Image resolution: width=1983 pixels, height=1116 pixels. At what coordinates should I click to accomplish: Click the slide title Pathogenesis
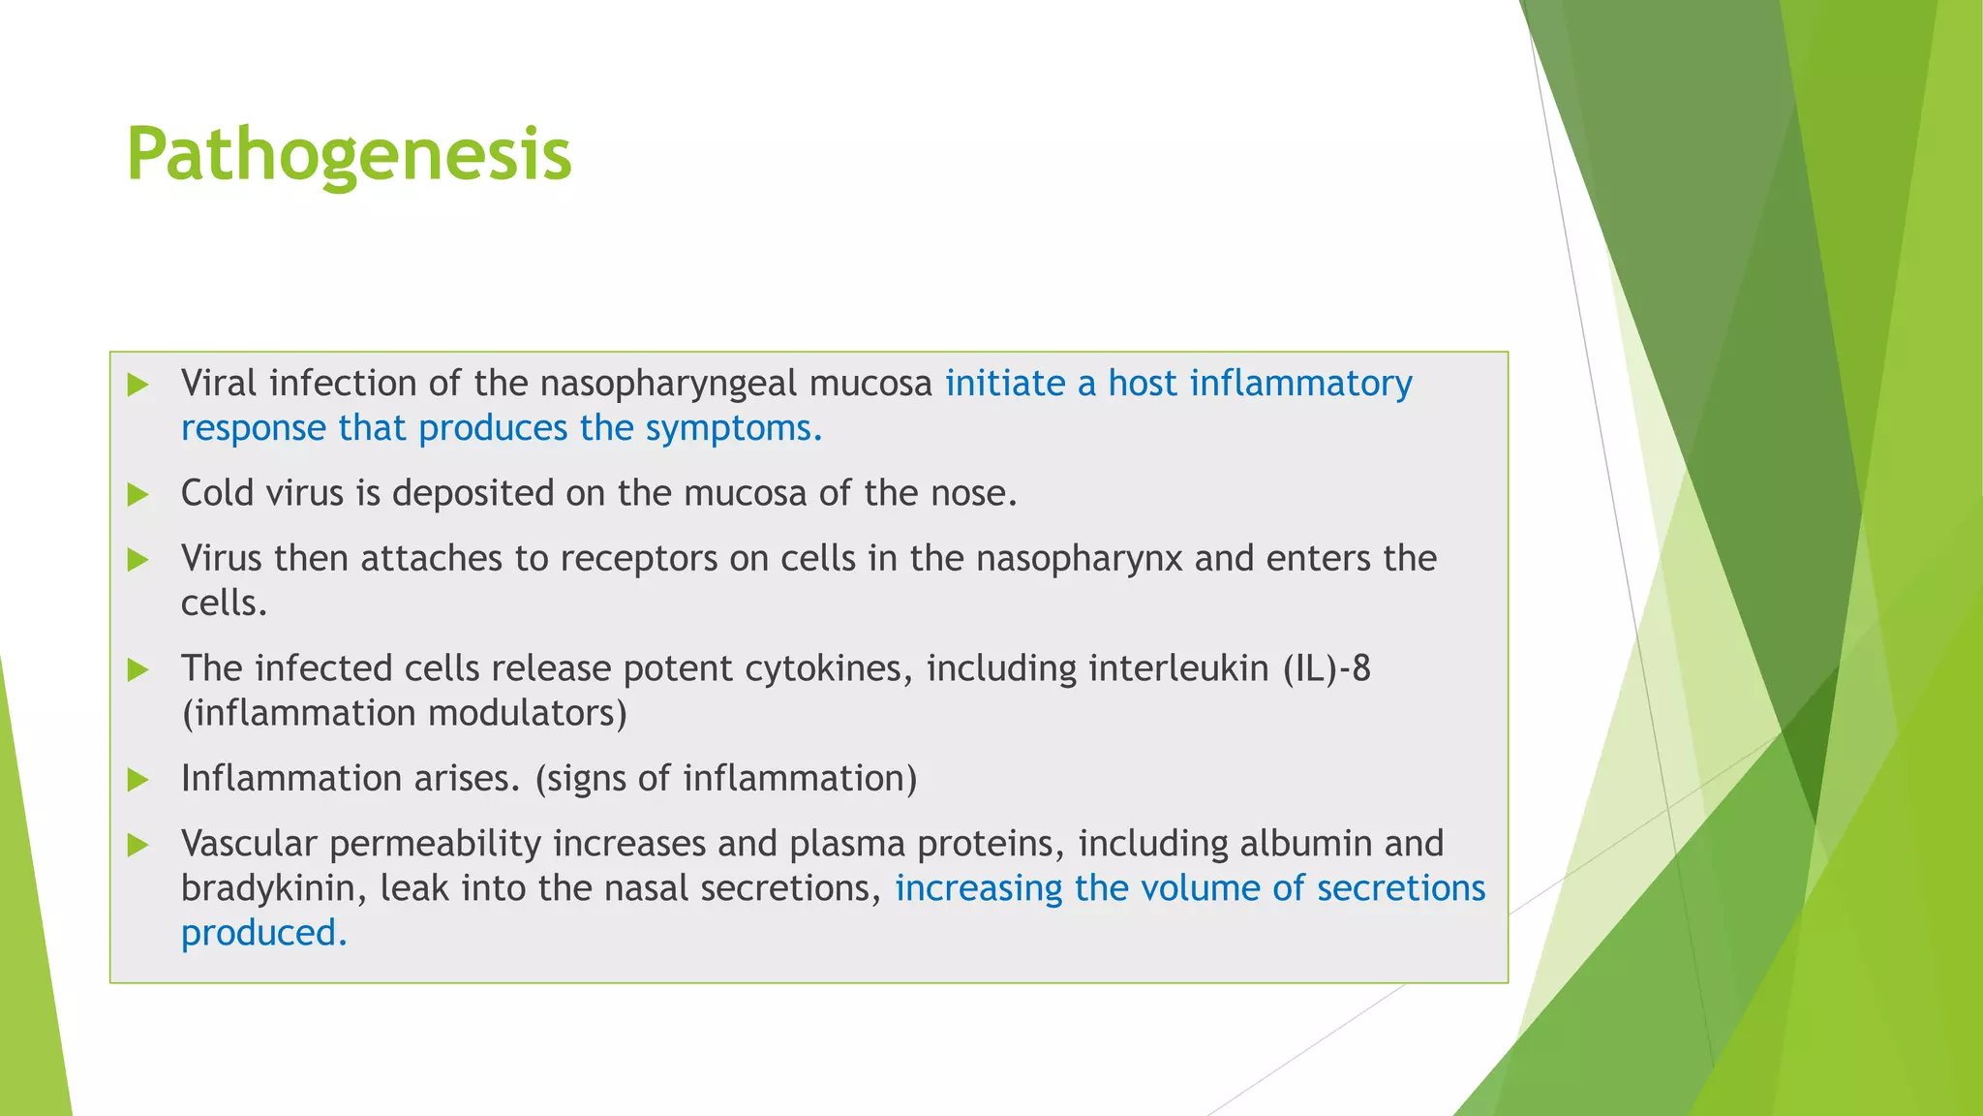tap(349, 155)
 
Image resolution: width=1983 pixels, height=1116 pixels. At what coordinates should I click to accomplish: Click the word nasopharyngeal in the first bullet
tap(668, 385)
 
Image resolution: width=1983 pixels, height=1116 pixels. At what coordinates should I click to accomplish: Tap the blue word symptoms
tap(733, 429)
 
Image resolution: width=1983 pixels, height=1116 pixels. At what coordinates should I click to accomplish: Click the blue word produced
tap(262, 933)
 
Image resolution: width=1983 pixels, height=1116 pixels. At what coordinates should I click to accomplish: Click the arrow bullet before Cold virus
tap(138, 495)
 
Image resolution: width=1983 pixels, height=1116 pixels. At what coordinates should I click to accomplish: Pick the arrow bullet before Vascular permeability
tap(138, 845)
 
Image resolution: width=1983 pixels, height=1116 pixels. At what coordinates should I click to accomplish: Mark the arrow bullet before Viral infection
tap(138, 385)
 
